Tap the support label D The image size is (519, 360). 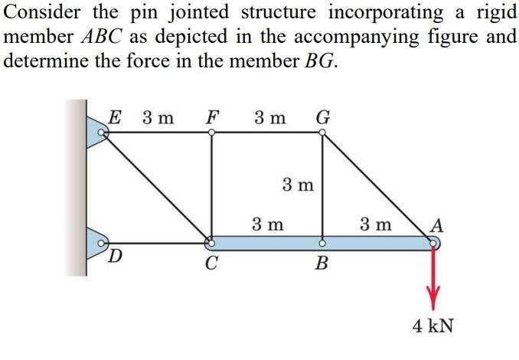116,254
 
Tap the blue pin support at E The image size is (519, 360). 99,133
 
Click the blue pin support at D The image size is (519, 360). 99,243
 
